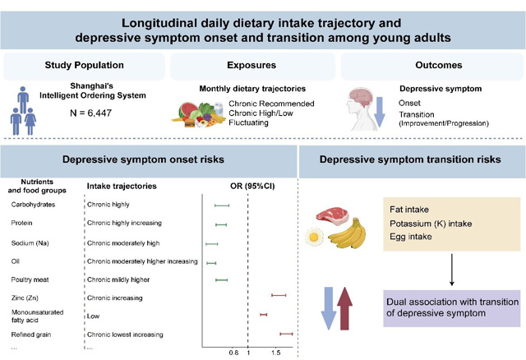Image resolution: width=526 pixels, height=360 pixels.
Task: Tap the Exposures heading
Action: click(x=254, y=65)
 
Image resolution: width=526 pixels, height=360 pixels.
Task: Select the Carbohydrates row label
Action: click(x=35, y=204)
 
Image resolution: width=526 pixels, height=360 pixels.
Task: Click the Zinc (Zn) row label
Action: click(x=26, y=294)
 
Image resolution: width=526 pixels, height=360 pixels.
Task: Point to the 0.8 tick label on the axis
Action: click(x=233, y=353)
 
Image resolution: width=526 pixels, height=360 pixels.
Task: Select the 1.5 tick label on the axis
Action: click(x=277, y=353)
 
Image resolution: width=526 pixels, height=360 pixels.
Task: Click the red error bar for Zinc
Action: click(x=279, y=294)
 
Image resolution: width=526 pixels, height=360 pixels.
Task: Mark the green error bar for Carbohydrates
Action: click(x=222, y=204)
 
